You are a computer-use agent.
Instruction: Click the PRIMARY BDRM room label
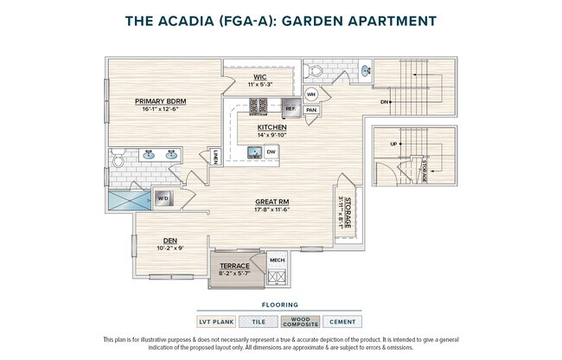pyautogui.click(x=165, y=101)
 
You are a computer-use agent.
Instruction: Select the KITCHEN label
pyautogui.click(x=271, y=127)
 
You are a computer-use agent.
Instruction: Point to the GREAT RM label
pyautogui.click(x=271, y=202)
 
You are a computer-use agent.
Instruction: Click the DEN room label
pyautogui.click(x=169, y=241)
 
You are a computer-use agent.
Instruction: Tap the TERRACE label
pyautogui.click(x=233, y=266)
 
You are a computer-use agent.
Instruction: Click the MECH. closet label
pyautogui.click(x=277, y=260)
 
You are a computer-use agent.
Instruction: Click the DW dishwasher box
pyautogui.click(x=271, y=151)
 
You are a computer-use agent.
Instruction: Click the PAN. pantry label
pyautogui.click(x=310, y=110)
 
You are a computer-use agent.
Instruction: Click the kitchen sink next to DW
pyautogui.click(x=253, y=152)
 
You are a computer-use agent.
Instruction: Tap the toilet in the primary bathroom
pyautogui.click(x=119, y=157)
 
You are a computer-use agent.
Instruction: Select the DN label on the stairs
pyautogui.click(x=384, y=101)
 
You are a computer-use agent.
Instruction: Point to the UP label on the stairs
pyautogui.click(x=394, y=145)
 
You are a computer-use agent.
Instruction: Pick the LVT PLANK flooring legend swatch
pyautogui.click(x=218, y=322)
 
